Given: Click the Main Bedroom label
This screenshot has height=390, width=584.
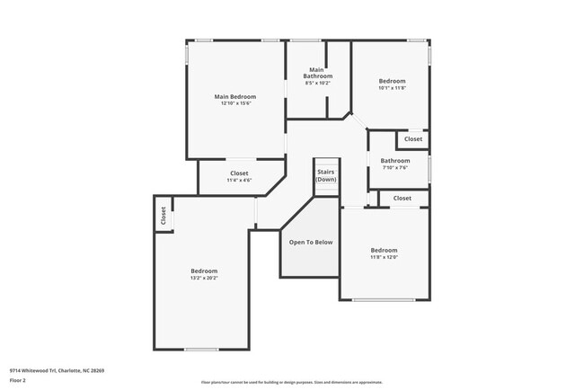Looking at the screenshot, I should tap(234, 97).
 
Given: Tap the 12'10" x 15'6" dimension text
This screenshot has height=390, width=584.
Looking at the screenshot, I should tap(234, 104).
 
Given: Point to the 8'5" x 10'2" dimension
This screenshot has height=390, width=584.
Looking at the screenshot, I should tap(318, 84).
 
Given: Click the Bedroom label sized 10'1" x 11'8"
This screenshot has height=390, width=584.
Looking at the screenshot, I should tap(392, 81).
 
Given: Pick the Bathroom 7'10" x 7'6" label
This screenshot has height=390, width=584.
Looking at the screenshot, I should tap(394, 161).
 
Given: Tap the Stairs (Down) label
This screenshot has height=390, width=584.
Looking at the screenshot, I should tap(326, 175).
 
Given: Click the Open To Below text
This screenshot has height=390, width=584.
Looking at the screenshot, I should tap(310, 242).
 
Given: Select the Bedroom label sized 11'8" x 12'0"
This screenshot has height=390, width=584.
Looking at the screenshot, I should tap(384, 250).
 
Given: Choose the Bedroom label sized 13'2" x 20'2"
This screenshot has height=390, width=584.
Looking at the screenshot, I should tap(204, 271).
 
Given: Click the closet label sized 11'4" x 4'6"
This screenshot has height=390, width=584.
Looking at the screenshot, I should tap(239, 173).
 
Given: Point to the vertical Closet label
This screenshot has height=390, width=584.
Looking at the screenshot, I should tap(164, 216).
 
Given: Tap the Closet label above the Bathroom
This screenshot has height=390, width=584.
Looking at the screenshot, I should tap(413, 139).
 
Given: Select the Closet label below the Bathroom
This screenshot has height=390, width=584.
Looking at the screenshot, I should tap(402, 198).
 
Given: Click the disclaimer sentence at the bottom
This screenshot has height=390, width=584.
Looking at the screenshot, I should tap(291, 382).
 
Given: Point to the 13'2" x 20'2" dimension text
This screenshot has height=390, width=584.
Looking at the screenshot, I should tap(204, 279).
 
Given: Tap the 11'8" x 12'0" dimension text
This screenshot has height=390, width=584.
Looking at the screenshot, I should tap(384, 257).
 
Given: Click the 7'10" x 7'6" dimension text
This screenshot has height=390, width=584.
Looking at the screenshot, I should tap(395, 168).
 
